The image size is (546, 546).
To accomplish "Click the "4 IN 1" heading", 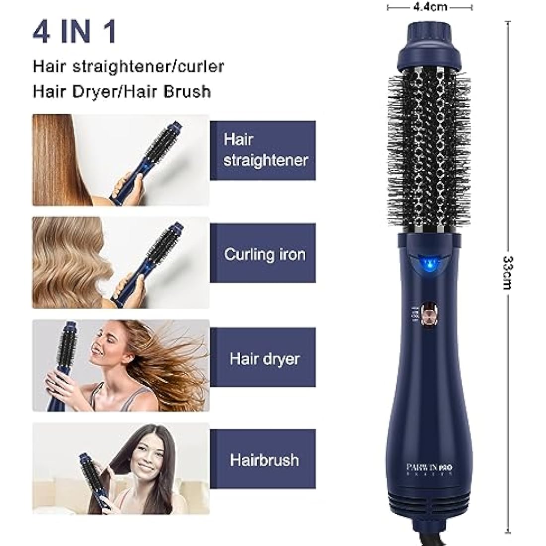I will (x=74, y=31).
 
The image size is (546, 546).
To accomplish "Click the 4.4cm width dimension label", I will (x=430, y=7).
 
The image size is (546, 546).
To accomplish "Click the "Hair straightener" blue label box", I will (x=263, y=150).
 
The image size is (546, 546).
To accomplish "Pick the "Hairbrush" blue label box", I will (x=263, y=460).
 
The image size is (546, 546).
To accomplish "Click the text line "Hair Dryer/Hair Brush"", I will (x=122, y=91).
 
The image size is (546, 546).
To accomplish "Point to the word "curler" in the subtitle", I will (x=201, y=66).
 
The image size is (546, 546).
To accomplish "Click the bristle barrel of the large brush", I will (x=430, y=154).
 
